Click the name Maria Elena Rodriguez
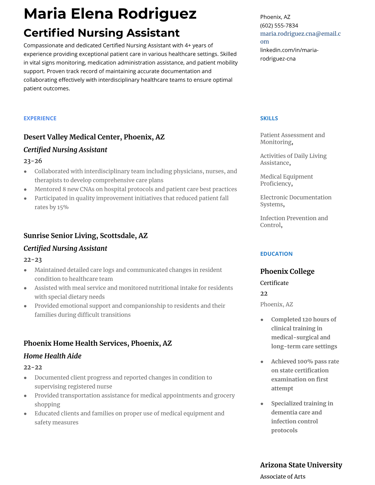pos(110,14)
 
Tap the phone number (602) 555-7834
pos(279,25)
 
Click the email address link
pos(300,37)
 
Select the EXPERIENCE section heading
pos(40,118)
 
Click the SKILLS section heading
pos(269,118)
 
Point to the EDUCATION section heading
pos(276,254)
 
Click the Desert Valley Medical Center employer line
pos(94,137)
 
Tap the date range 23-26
pos(33,161)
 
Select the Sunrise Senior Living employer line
pos(85,235)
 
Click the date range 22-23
pos(33,260)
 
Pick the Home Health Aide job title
pos(52,356)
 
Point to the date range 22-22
pos(33,367)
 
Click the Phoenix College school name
pos(287,271)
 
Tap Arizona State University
pos(301,465)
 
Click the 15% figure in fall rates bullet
pos(63,207)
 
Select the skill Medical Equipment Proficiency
pos(286,180)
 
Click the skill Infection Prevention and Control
pos(294,221)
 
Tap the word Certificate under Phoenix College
pos(274,283)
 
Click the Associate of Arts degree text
pos(282,476)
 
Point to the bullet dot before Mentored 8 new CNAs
pos(25,190)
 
